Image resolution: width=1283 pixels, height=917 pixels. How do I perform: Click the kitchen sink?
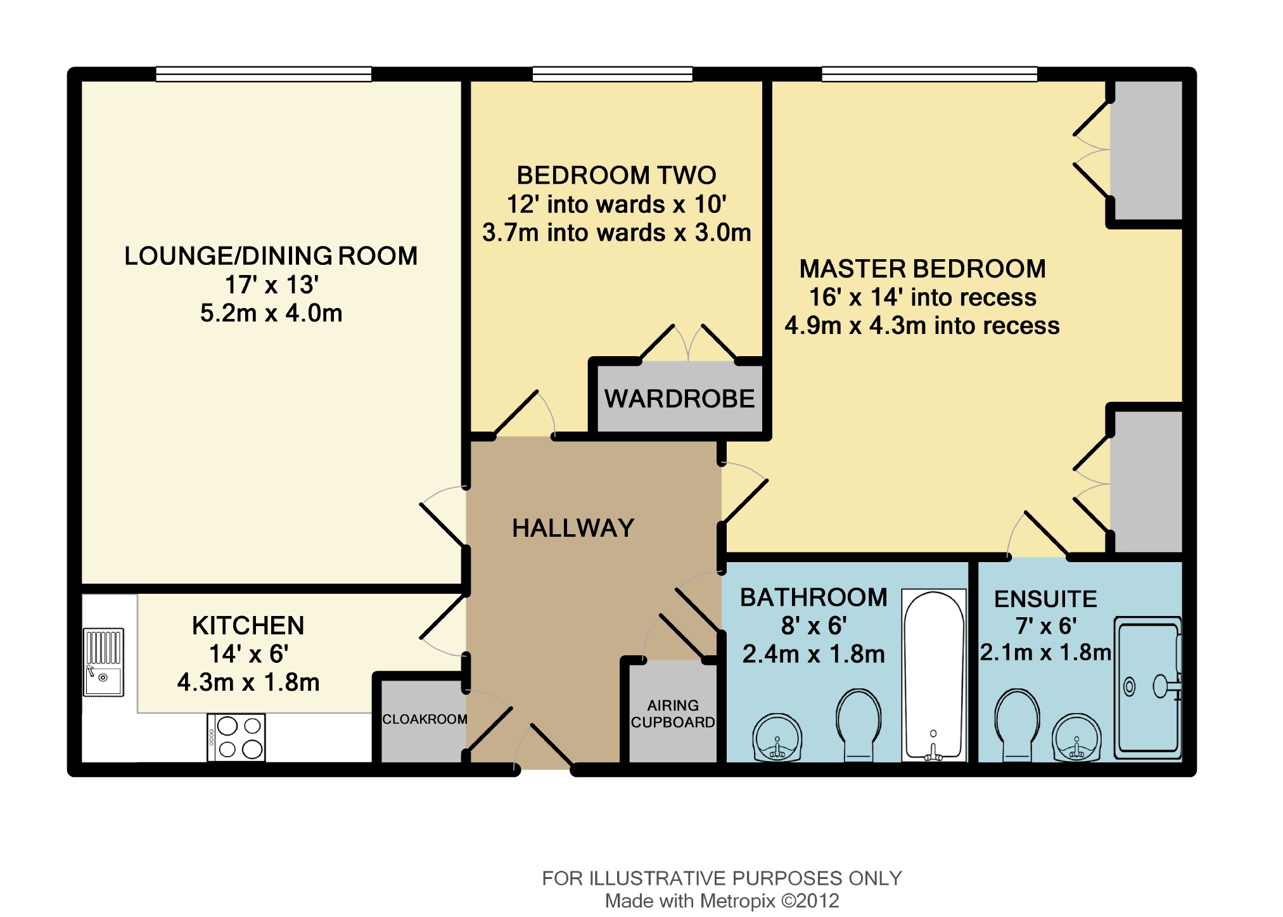click(x=104, y=662)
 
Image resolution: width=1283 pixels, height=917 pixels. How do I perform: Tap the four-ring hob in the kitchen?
click(x=236, y=738)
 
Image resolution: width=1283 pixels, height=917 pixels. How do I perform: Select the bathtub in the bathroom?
click(x=934, y=676)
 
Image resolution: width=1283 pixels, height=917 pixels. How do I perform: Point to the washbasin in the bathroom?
click(x=777, y=738)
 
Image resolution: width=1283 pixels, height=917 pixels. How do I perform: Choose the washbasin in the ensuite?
click(x=1077, y=738)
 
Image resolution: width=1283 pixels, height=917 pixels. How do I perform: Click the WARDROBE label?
click(x=680, y=399)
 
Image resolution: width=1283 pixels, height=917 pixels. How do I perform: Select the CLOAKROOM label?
click(x=424, y=719)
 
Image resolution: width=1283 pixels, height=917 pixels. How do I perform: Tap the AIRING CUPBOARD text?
click(x=673, y=714)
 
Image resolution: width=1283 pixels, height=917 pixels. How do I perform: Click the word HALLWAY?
click(x=573, y=528)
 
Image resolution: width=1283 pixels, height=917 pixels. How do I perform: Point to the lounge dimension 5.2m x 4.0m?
click(x=271, y=313)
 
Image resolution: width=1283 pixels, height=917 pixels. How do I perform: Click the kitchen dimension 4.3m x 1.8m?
click(x=248, y=682)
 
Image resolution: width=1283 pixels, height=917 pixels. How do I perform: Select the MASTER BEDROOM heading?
click(x=922, y=269)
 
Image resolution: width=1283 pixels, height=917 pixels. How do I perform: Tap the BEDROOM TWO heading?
click(x=616, y=175)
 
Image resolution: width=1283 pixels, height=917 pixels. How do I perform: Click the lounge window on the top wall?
click(x=264, y=74)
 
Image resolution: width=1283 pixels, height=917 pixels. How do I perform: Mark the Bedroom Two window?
click(x=612, y=74)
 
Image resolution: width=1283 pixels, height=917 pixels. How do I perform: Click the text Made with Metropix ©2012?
click(x=722, y=901)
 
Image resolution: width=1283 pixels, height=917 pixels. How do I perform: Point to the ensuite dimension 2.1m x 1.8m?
click(x=1045, y=652)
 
